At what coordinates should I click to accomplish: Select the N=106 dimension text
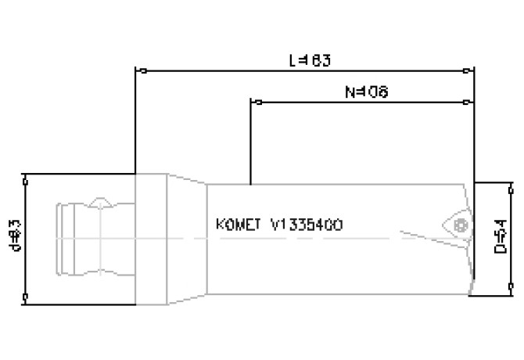click(367, 92)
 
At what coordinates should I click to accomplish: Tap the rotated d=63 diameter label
click(15, 237)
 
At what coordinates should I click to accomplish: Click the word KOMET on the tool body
click(238, 224)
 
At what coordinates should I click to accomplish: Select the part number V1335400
click(306, 224)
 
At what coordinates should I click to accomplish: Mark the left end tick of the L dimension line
click(137, 71)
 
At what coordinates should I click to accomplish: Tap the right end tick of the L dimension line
click(471, 71)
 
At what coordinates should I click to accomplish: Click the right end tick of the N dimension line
click(471, 102)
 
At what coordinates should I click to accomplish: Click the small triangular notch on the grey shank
click(100, 203)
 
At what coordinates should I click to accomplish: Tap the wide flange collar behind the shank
click(151, 238)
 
